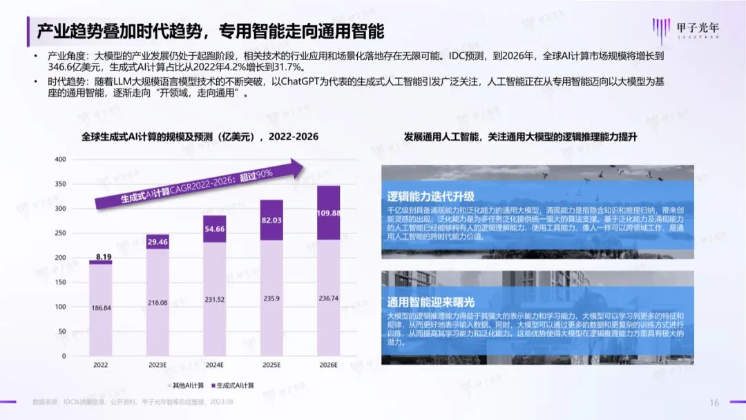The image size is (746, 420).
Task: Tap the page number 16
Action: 715,403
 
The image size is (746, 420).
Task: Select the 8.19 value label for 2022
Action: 101,256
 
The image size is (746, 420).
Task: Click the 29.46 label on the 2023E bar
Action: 157,242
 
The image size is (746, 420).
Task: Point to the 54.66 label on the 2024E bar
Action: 215,229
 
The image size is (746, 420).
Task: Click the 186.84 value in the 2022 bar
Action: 101,308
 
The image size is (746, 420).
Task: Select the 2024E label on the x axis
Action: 215,364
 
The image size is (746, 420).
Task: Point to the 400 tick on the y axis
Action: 60,160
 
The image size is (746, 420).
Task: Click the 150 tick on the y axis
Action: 60,282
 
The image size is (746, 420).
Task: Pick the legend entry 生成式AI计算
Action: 234,385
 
